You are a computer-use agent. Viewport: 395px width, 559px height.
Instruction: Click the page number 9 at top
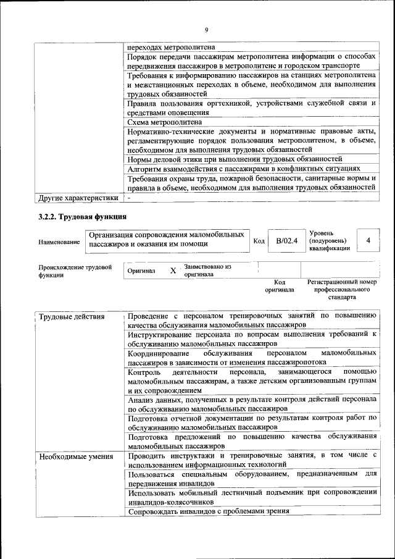(x=207, y=30)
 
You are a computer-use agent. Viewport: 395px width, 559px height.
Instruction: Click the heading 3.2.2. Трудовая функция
(x=79, y=217)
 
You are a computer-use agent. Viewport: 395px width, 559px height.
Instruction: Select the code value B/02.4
(x=286, y=241)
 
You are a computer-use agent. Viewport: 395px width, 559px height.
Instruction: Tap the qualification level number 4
(x=368, y=240)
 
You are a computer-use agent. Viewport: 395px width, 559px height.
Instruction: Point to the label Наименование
(x=59, y=243)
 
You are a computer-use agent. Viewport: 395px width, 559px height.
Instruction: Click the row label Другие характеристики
(x=78, y=198)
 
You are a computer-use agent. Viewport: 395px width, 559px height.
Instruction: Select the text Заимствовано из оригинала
(x=207, y=270)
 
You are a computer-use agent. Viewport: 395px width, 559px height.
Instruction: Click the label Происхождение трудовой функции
(x=75, y=271)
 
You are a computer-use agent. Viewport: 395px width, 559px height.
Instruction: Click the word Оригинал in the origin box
(x=141, y=271)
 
